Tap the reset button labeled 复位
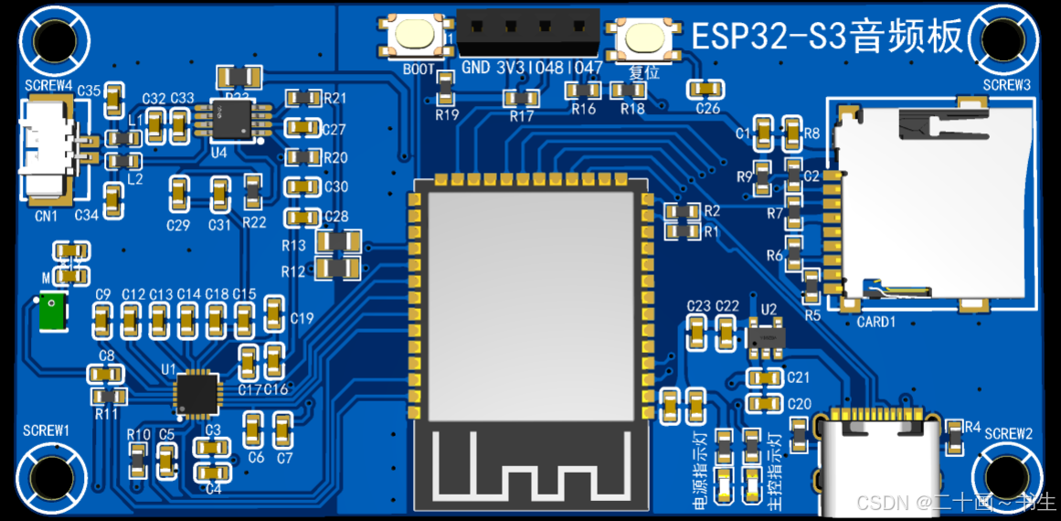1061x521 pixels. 645,38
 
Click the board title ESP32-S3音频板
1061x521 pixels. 827,37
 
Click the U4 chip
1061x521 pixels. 234,120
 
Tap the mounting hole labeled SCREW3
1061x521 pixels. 1009,37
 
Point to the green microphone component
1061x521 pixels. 51,312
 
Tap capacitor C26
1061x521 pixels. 706,88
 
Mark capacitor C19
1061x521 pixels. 273,314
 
